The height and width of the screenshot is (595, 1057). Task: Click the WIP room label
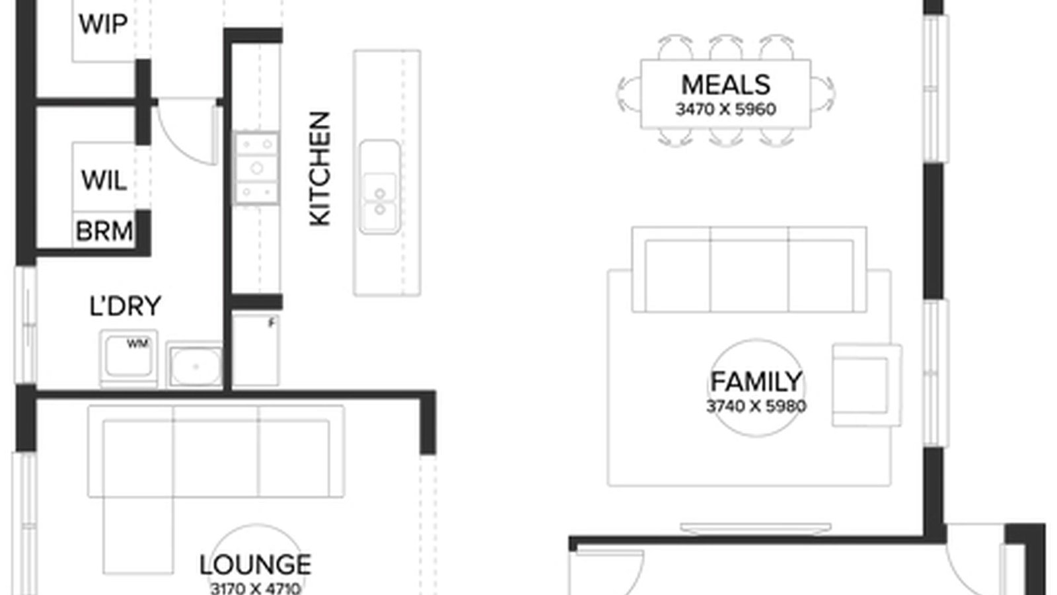click(x=103, y=24)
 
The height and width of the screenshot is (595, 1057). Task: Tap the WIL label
click(x=104, y=180)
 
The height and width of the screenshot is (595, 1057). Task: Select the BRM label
click(x=104, y=231)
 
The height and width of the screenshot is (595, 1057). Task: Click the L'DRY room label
click(x=125, y=306)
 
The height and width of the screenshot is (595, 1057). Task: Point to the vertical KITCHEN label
click(x=320, y=169)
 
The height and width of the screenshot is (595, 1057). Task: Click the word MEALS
click(x=725, y=85)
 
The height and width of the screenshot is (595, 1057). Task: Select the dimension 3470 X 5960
click(x=725, y=109)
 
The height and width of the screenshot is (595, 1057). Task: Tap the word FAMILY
click(x=756, y=382)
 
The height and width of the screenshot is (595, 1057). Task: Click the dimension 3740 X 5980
click(x=756, y=406)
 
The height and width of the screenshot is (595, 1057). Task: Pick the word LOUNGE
click(x=255, y=565)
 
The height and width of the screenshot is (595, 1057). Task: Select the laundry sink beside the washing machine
click(x=194, y=364)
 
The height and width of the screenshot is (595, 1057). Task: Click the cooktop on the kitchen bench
click(x=256, y=168)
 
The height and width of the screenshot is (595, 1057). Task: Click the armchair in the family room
click(x=866, y=384)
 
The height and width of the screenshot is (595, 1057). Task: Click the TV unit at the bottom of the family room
click(x=756, y=528)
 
